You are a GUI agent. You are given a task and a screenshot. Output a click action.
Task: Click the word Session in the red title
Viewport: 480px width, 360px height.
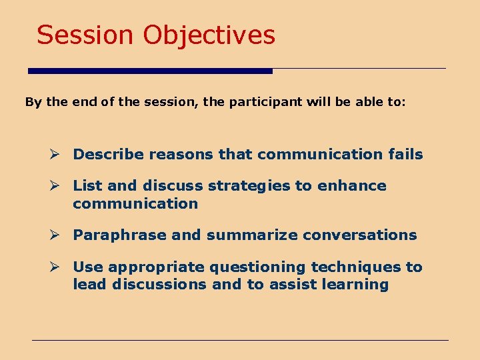(85, 35)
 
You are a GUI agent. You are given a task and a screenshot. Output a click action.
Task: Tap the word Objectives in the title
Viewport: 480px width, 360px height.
(209, 36)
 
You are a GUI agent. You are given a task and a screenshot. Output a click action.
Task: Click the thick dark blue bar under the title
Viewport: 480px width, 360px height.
(150, 71)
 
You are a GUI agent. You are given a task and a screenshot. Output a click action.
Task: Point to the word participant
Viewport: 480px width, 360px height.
(265, 102)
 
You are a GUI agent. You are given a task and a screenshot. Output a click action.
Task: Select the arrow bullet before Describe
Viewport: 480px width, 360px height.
(54, 154)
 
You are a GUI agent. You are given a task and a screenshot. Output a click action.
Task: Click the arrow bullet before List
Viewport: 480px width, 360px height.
(54, 185)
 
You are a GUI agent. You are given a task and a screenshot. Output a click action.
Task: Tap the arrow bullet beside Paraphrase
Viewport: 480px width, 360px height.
(54, 235)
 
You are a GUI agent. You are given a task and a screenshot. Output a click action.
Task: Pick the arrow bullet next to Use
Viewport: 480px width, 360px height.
(54, 267)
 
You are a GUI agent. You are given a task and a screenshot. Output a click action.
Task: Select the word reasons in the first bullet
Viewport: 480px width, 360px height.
(181, 155)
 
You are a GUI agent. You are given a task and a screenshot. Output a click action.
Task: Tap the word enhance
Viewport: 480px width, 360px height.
(352, 185)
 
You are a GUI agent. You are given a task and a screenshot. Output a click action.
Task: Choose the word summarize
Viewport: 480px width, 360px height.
(252, 235)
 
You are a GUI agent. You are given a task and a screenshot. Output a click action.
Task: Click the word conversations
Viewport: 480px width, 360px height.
(360, 235)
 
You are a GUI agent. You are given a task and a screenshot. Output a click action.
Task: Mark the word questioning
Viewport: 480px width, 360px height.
(257, 267)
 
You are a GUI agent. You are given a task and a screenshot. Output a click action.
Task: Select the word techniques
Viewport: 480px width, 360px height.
(356, 267)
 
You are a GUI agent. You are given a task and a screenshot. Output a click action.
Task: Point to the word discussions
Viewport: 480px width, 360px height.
(159, 284)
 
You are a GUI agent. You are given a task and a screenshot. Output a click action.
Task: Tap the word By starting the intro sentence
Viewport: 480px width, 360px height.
(33, 102)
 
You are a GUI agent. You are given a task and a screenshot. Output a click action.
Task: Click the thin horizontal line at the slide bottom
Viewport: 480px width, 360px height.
(240, 340)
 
